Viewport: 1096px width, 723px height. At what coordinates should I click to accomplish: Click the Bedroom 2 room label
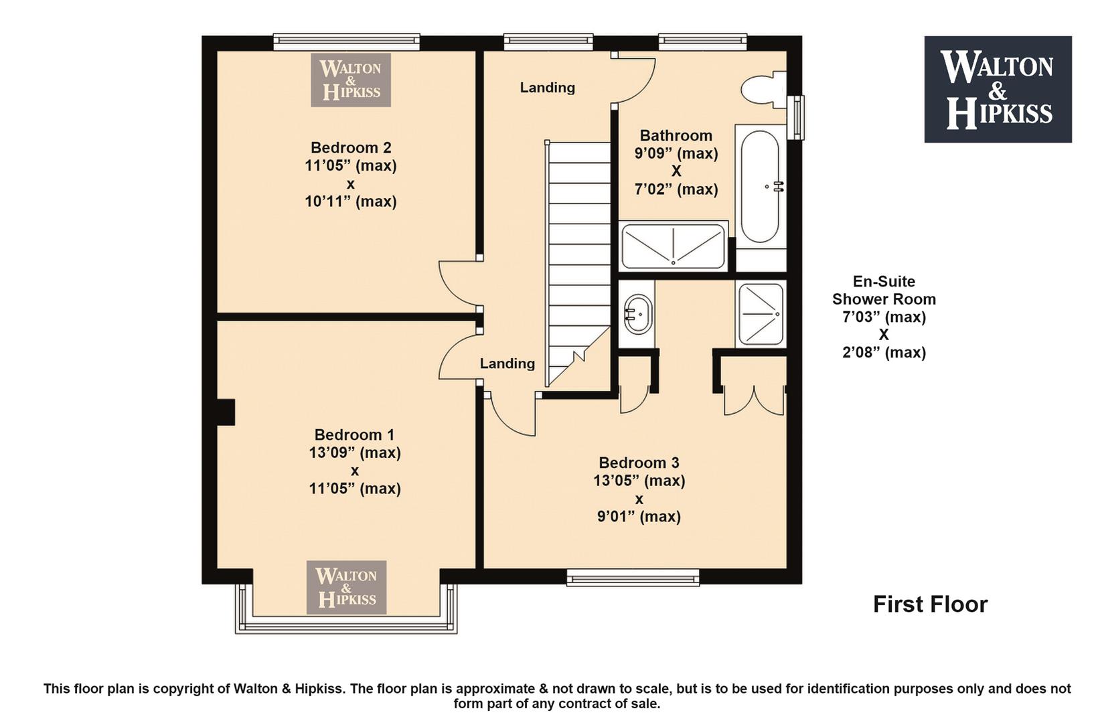click(x=351, y=147)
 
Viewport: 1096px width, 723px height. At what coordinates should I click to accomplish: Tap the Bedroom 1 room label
click(x=354, y=434)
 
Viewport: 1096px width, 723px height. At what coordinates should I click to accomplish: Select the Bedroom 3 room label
click(x=639, y=463)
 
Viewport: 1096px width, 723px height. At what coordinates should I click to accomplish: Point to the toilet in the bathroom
click(x=763, y=90)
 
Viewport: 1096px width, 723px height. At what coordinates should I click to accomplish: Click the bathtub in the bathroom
click(x=759, y=186)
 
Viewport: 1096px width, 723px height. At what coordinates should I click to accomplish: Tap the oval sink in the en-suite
click(x=638, y=315)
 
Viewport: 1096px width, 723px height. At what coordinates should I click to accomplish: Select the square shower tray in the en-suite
click(x=761, y=313)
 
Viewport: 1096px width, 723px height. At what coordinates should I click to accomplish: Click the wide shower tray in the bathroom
click(x=674, y=246)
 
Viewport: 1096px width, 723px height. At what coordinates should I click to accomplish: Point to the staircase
click(x=579, y=264)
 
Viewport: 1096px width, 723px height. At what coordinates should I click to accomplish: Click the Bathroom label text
click(x=676, y=135)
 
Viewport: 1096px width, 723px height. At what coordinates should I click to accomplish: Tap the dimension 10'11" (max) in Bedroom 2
click(x=351, y=202)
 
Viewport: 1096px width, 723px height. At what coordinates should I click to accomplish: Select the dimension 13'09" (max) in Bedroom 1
click(x=355, y=453)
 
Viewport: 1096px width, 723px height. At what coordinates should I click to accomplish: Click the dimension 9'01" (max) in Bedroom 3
click(x=639, y=517)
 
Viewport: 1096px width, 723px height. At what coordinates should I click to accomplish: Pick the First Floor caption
click(x=930, y=605)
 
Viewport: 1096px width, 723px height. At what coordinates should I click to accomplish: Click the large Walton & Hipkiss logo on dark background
click(x=998, y=90)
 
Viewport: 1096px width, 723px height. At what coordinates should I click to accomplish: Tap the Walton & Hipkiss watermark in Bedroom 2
click(x=351, y=80)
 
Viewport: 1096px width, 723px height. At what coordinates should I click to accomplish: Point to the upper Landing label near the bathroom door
click(x=547, y=88)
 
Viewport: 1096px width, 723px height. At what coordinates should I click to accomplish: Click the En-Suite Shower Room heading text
click(x=884, y=290)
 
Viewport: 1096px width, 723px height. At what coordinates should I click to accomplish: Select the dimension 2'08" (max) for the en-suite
click(x=884, y=353)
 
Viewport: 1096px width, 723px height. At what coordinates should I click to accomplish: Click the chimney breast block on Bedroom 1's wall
click(x=226, y=412)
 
